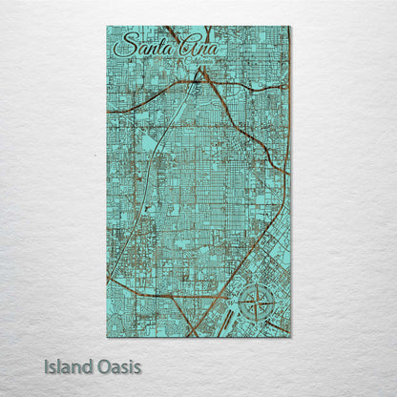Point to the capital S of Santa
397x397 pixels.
pyautogui.click(x=121, y=48)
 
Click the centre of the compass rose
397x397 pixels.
pyautogui.click(x=256, y=303)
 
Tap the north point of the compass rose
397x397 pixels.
pyautogui.click(x=256, y=285)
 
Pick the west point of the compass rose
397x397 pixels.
pyautogui.click(x=239, y=303)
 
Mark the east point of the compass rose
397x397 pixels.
pyautogui.click(x=273, y=303)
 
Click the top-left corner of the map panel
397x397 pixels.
pyautogui.click(x=107, y=27)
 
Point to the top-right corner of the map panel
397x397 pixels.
pyautogui.click(x=290, y=27)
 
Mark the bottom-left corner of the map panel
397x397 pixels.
pyautogui.click(x=107, y=337)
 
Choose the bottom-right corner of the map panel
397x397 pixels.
pyautogui.click(x=290, y=337)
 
